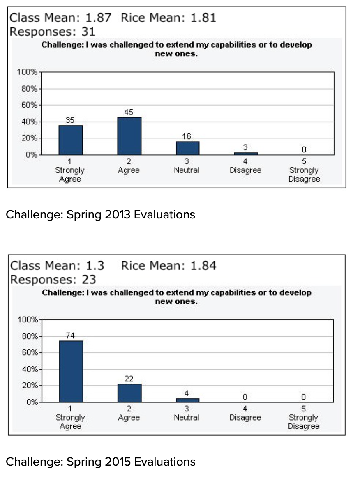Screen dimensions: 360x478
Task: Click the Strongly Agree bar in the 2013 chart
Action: tap(70, 140)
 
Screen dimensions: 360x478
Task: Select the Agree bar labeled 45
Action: tap(129, 136)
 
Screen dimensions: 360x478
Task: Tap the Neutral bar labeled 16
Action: tap(188, 148)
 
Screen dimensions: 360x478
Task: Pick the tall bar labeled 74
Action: tap(71, 371)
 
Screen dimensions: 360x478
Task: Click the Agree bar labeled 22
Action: tap(129, 393)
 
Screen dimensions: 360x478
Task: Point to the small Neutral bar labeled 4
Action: tap(188, 400)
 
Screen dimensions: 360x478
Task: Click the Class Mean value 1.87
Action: tap(98, 18)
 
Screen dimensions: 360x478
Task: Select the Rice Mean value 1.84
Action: tap(203, 266)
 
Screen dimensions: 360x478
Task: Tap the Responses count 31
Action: tap(88, 32)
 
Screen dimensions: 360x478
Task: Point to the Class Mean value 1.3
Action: tap(95, 266)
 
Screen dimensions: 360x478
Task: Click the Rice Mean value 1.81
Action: tap(203, 18)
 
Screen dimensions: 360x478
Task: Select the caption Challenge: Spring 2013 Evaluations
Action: tap(100, 215)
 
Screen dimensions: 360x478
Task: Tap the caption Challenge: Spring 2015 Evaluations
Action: tap(101, 462)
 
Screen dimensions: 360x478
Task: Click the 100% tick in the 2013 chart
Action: tap(27, 72)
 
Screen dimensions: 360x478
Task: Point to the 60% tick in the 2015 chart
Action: tap(30, 353)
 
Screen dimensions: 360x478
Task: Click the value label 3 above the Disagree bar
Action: tap(245, 147)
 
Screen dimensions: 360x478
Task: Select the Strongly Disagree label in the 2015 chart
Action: tap(304, 422)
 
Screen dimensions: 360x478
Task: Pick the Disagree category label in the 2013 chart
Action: tap(246, 170)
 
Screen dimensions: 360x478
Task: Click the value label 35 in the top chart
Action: tap(70, 120)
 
